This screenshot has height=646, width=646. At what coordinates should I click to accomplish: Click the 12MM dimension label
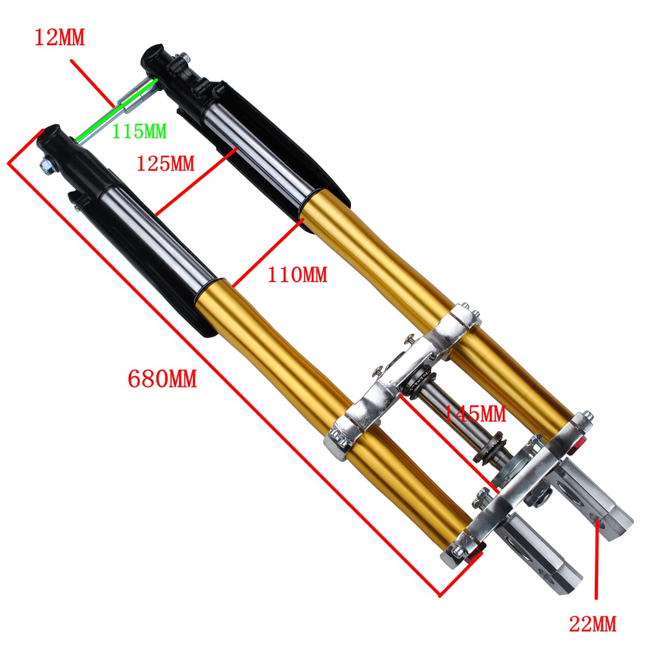click(x=60, y=38)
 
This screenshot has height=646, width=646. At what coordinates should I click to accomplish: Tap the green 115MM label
click(x=139, y=131)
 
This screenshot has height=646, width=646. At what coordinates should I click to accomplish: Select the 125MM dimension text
click(x=165, y=163)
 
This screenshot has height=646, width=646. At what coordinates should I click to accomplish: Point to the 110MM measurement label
click(x=297, y=275)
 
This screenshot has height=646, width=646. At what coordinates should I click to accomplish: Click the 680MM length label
click(x=162, y=379)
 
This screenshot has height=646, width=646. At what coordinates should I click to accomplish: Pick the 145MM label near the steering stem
click(x=474, y=413)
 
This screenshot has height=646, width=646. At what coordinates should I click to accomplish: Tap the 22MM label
click(x=593, y=624)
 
